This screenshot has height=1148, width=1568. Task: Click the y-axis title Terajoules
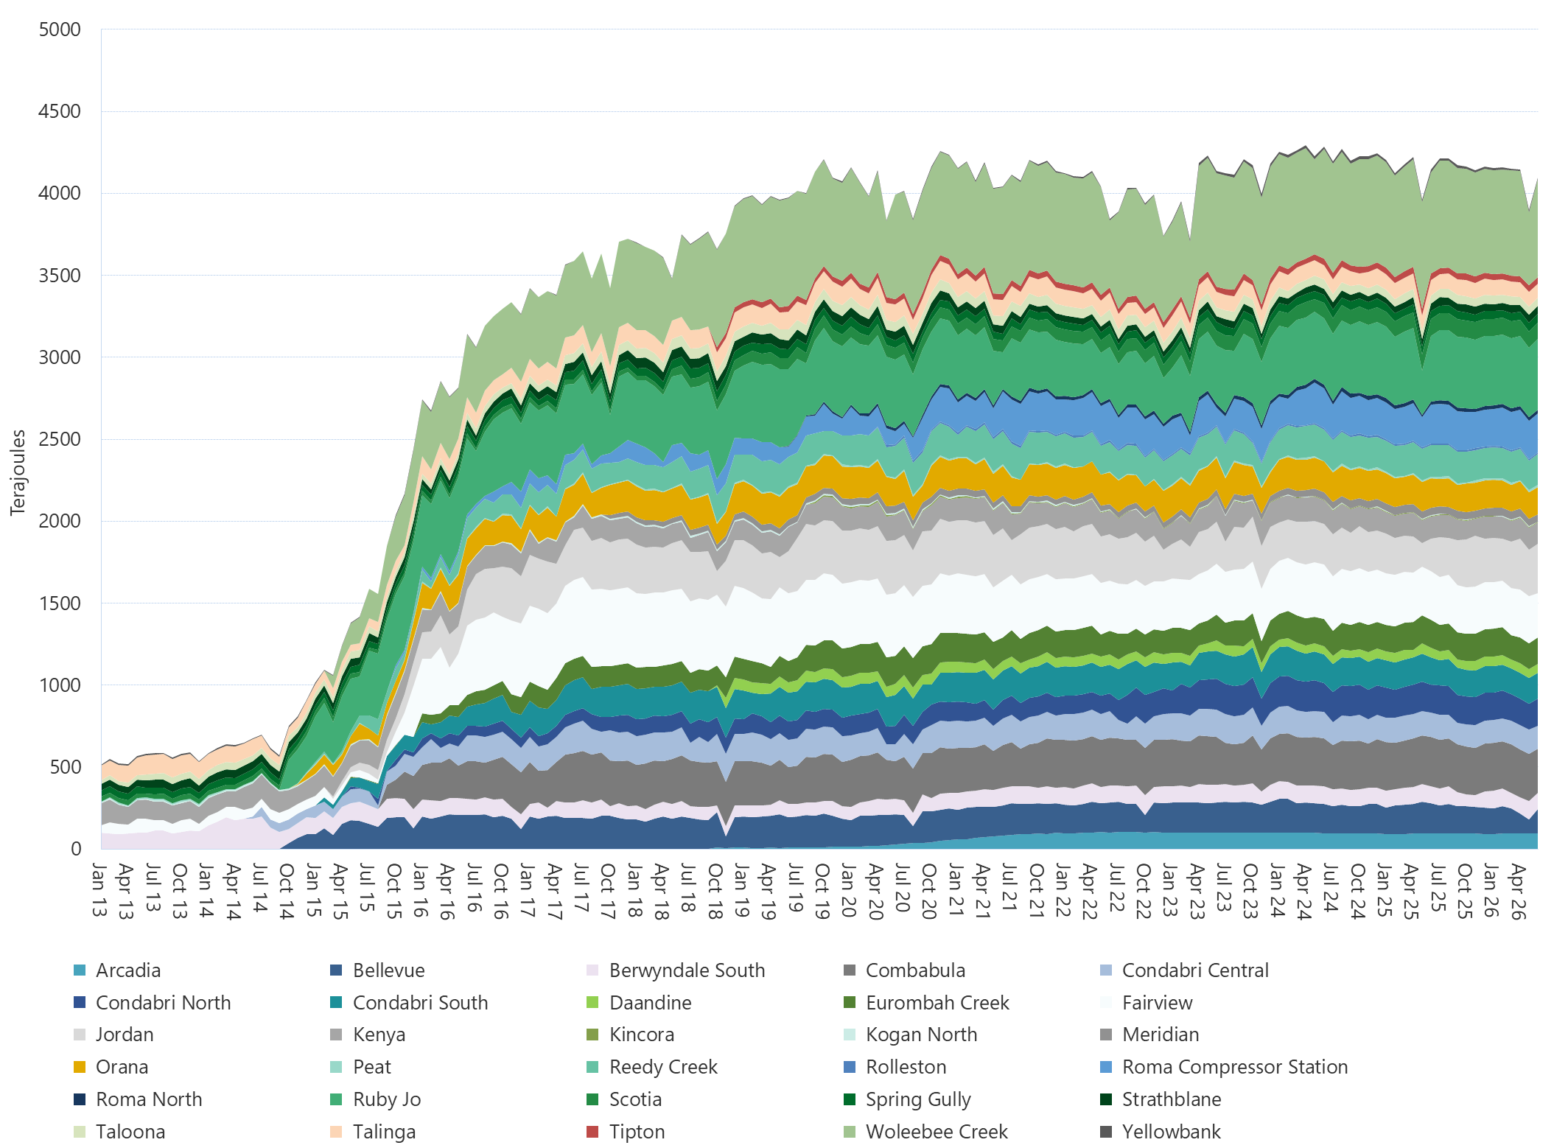click(18, 472)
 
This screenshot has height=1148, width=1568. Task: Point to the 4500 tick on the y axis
click(60, 111)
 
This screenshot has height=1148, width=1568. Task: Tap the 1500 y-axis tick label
click(60, 603)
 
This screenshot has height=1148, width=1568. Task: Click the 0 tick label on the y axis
click(76, 849)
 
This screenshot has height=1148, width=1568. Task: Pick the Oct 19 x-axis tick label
click(823, 891)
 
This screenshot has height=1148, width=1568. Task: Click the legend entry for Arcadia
click(117, 970)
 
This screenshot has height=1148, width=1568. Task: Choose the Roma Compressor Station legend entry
click(1224, 1067)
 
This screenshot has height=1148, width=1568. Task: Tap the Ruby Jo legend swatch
click(337, 1099)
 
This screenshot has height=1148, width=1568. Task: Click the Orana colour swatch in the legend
click(80, 1067)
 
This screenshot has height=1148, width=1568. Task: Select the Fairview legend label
click(1157, 1003)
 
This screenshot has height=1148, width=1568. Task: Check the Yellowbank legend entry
click(1161, 1132)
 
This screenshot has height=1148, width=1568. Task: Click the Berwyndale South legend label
click(687, 970)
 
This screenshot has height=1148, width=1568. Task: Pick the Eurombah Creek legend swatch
click(850, 1003)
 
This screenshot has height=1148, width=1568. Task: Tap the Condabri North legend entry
click(153, 1003)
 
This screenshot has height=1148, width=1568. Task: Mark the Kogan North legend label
click(921, 1035)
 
